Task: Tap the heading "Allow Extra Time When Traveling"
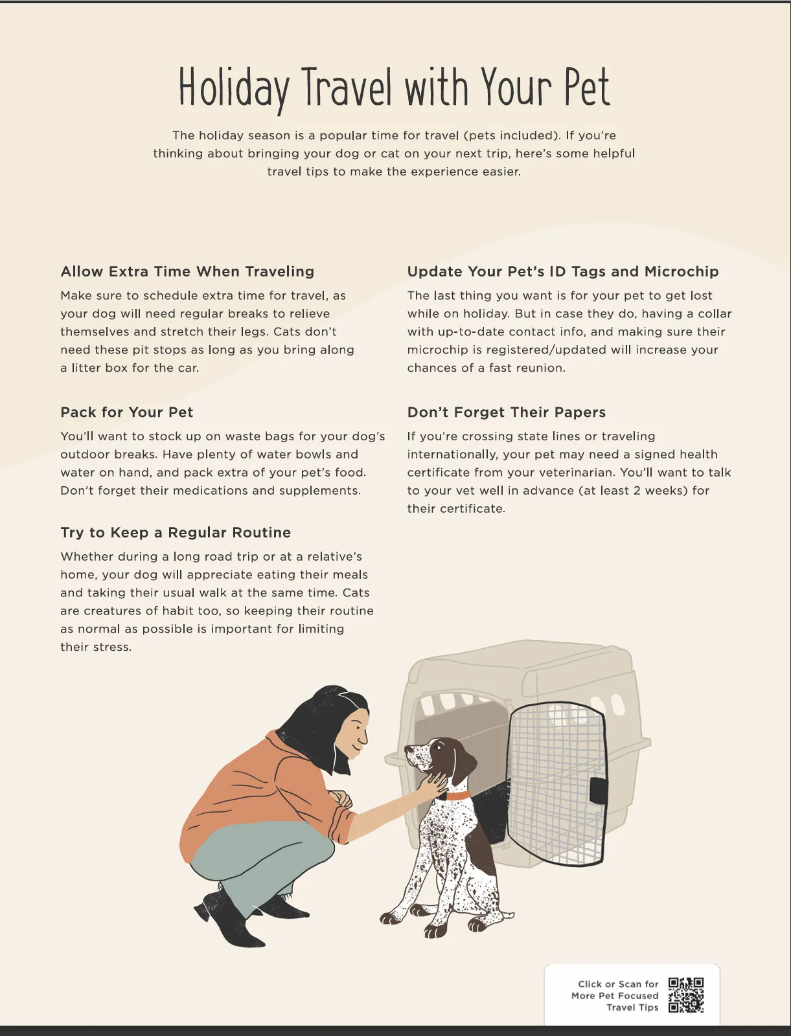[x=187, y=271]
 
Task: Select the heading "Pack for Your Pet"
[x=127, y=412]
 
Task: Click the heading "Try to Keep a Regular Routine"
[x=176, y=532]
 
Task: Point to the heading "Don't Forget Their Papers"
[x=507, y=412]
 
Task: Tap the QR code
[x=686, y=995]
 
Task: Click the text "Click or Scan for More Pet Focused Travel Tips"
[x=615, y=995]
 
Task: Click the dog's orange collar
[x=457, y=795]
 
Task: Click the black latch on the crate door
[x=599, y=790]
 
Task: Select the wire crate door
[x=557, y=783]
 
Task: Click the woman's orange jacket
[x=259, y=790]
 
